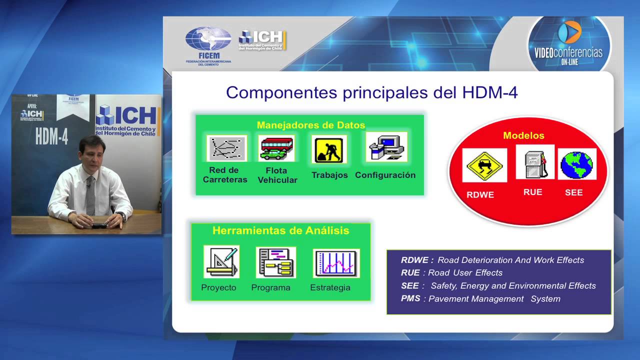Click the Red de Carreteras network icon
(226, 148)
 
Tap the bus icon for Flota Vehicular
(277, 148)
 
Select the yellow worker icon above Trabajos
(329, 149)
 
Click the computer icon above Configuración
(386, 147)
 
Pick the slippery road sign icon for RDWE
(484, 165)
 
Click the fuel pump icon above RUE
(534, 162)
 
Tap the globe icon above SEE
(576, 164)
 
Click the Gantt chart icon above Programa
(275, 262)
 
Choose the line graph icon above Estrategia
(335, 263)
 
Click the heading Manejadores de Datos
(310, 125)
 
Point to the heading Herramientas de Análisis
(280, 230)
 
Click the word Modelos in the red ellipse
(523, 135)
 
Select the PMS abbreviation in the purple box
(410, 298)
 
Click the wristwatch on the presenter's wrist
(120, 215)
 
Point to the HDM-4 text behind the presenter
(51, 136)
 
